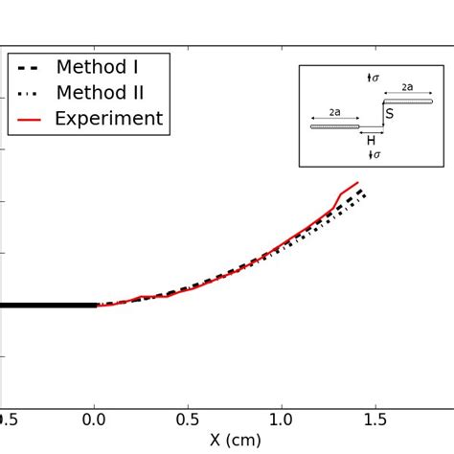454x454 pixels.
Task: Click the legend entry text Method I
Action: [x=98, y=67]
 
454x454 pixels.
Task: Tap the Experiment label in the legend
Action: [x=108, y=119]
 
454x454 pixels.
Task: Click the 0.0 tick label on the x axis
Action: [x=94, y=419]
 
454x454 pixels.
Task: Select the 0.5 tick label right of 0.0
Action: [x=188, y=419]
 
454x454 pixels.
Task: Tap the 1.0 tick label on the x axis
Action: [x=282, y=419]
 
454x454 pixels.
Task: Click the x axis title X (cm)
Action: [x=235, y=442]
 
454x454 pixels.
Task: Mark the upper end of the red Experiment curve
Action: [x=358, y=182]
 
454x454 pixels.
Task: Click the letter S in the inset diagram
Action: [x=389, y=114]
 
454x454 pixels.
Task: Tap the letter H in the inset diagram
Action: [x=371, y=141]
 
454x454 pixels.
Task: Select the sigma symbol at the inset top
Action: [x=374, y=76]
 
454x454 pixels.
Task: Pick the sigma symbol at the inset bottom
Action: [x=374, y=154]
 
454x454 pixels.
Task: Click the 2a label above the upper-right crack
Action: [x=407, y=87]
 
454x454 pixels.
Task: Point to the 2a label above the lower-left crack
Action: [x=334, y=112]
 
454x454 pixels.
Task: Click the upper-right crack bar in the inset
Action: [x=408, y=101]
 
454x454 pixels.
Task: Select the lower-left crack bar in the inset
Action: [x=334, y=125]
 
